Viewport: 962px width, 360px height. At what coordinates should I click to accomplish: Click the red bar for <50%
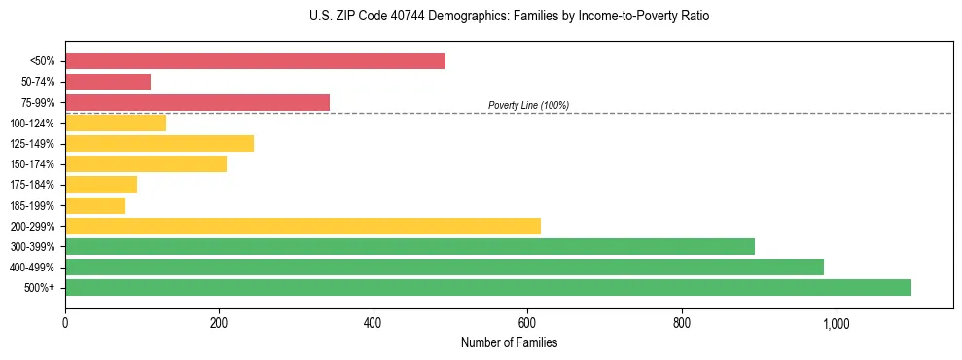point(255,61)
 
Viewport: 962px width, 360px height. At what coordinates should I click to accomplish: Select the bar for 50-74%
point(108,82)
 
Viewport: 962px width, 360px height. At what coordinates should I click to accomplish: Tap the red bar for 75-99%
point(197,102)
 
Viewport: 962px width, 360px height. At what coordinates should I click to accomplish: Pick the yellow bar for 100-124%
point(116,123)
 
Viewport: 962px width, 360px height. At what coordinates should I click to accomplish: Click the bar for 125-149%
point(160,144)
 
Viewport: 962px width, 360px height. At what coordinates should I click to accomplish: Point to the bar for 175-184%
point(101,185)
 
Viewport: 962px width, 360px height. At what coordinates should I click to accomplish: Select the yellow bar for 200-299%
point(303,226)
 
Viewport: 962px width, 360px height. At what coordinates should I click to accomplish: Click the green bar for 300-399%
point(410,246)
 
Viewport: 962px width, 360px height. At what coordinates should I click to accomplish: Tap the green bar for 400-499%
point(445,267)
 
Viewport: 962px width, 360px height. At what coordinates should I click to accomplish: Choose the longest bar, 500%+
point(488,287)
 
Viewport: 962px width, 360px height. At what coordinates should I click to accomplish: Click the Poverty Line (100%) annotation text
point(528,105)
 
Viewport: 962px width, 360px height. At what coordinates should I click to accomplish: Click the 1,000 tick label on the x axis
point(836,322)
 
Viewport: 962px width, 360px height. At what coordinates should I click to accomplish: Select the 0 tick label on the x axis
point(65,322)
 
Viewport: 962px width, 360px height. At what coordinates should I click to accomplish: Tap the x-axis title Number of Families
point(509,342)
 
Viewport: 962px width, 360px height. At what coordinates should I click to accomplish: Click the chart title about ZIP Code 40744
point(509,17)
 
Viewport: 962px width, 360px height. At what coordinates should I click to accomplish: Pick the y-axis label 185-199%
point(32,205)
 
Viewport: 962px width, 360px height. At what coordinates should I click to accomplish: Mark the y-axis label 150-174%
point(32,164)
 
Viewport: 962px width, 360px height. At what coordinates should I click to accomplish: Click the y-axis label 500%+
point(39,287)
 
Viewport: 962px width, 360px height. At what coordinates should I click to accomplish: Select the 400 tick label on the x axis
point(374,322)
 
